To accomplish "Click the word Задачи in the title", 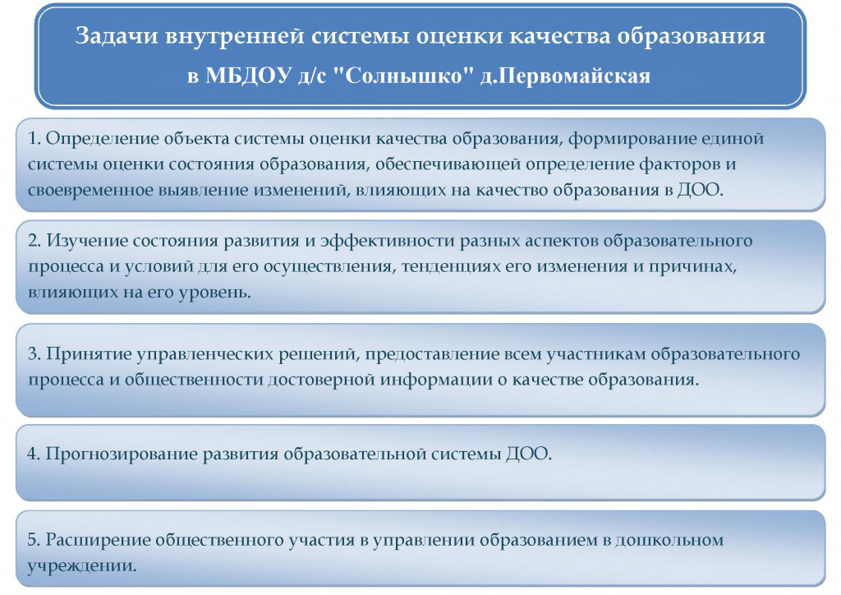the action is pyautogui.click(x=117, y=36).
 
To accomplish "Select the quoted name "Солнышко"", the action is pyautogui.click(x=404, y=76).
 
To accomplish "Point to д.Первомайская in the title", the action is pyautogui.click(x=565, y=76).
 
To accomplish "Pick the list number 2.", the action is pyautogui.click(x=34, y=241).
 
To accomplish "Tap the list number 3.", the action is pyautogui.click(x=34, y=354).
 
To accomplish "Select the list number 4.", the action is pyautogui.click(x=34, y=454).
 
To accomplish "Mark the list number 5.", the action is pyautogui.click(x=34, y=540).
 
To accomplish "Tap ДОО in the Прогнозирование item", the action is pyautogui.click(x=528, y=454).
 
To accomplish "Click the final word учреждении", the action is pyautogui.click(x=82, y=566).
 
